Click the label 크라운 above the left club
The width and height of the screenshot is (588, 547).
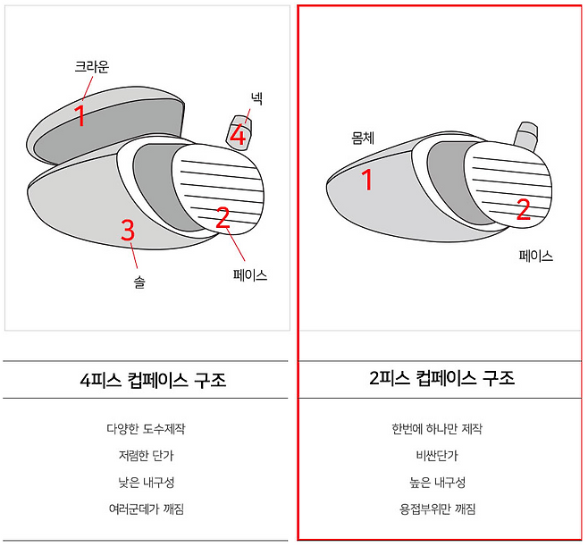[x=91, y=67]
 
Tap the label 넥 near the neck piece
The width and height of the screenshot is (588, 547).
[x=256, y=98]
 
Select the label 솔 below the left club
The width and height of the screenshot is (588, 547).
[x=139, y=282]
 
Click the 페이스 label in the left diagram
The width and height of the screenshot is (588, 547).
[x=249, y=275]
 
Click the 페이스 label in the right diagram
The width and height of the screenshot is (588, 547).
[x=536, y=256]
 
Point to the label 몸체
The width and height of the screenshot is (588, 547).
[x=363, y=138]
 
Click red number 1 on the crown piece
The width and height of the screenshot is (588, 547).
[x=80, y=114]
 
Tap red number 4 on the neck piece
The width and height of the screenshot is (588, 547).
[x=238, y=136]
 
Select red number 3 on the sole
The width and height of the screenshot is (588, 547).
[x=128, y=230]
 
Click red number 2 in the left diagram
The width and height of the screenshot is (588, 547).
[x=223, y=217]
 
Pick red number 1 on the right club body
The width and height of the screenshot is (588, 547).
[x=366, y=180]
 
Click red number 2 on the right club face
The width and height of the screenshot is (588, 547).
[x=524, y=209]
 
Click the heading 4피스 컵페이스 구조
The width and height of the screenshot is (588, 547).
[x=153, y=380]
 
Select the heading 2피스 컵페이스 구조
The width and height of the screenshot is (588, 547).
[x=441, y=378]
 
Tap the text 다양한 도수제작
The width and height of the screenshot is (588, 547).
[x=146, y=428]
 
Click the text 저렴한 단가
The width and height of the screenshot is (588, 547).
[x=147, y=456]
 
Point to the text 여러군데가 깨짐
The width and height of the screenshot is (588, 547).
[x=147, y=509]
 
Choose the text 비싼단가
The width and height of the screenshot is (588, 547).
[x=437, y=456]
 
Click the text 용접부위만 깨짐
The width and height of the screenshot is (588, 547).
[x=437, y=509]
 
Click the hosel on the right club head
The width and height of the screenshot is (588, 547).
[x=525, y=134]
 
